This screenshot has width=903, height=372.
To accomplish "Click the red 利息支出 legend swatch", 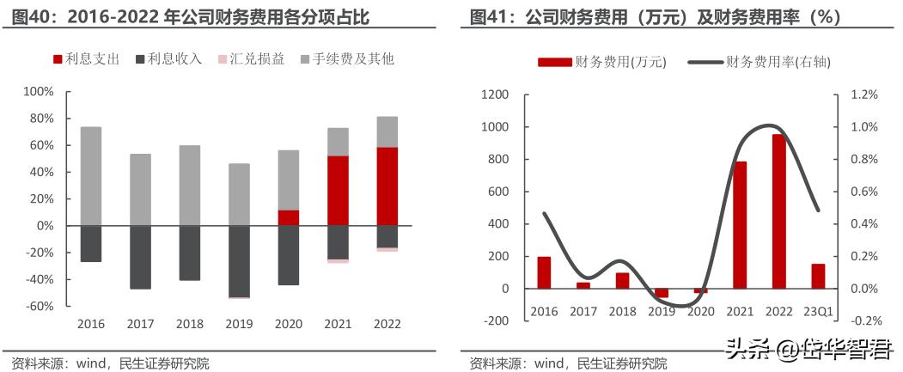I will (58, 59).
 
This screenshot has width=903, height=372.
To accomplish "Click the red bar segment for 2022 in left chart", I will (387, 186).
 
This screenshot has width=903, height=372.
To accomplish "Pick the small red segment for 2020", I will (289, 217).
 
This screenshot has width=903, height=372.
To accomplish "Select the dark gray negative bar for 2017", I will (140, 257).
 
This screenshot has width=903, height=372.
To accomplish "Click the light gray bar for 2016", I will (91, 176).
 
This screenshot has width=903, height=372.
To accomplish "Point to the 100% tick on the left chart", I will (38, 91).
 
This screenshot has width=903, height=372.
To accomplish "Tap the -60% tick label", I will (38, 306).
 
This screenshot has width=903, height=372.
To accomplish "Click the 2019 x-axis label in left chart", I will (239, 324).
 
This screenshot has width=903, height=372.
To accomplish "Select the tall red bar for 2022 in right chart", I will (778, 211).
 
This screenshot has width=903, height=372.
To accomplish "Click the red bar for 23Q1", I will (817, 276).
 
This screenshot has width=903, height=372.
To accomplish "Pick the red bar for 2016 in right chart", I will (544, 272).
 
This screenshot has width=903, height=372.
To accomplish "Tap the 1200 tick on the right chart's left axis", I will (495, 95).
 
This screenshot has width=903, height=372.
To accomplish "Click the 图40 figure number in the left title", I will (32, 16).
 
